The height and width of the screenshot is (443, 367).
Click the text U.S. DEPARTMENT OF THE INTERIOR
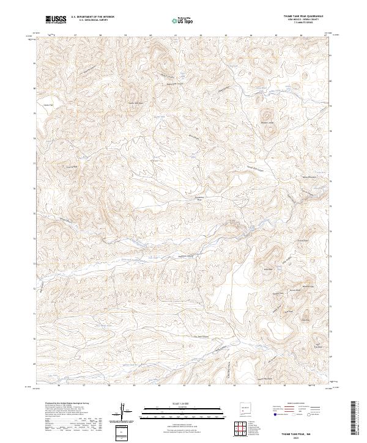pos(92,17)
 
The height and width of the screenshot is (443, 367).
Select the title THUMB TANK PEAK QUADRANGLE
pos(303,16)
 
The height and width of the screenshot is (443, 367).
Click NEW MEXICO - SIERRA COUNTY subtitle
pos(303,20)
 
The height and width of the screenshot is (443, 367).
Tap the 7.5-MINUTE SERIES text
pos(303,23)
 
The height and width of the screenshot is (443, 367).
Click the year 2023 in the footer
pos(305,437)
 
